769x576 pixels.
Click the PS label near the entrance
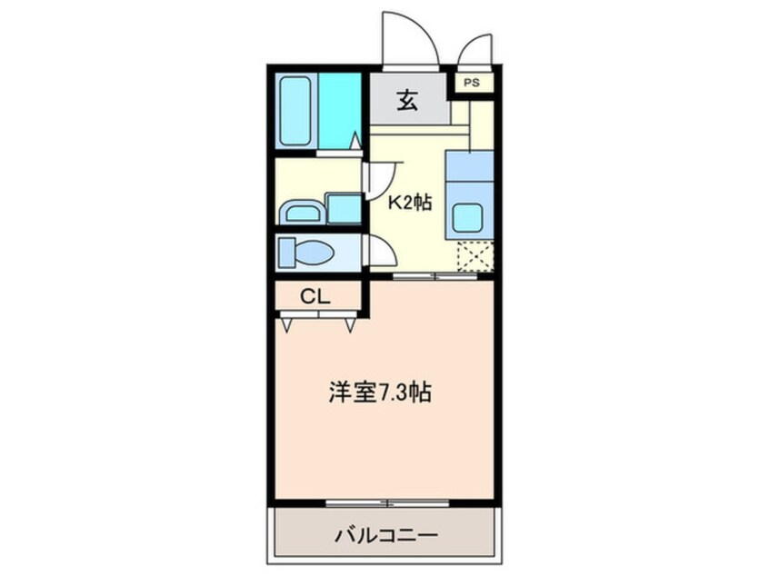(x=471, y=83)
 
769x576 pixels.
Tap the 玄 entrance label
(x=408, y=101)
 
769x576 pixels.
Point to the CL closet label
(x=315, y=297)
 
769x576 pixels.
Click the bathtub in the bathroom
(x=296, y=111)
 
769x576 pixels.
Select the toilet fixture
(x=304, y=250)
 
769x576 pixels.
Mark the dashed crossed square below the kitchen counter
(x=474, y=257)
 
